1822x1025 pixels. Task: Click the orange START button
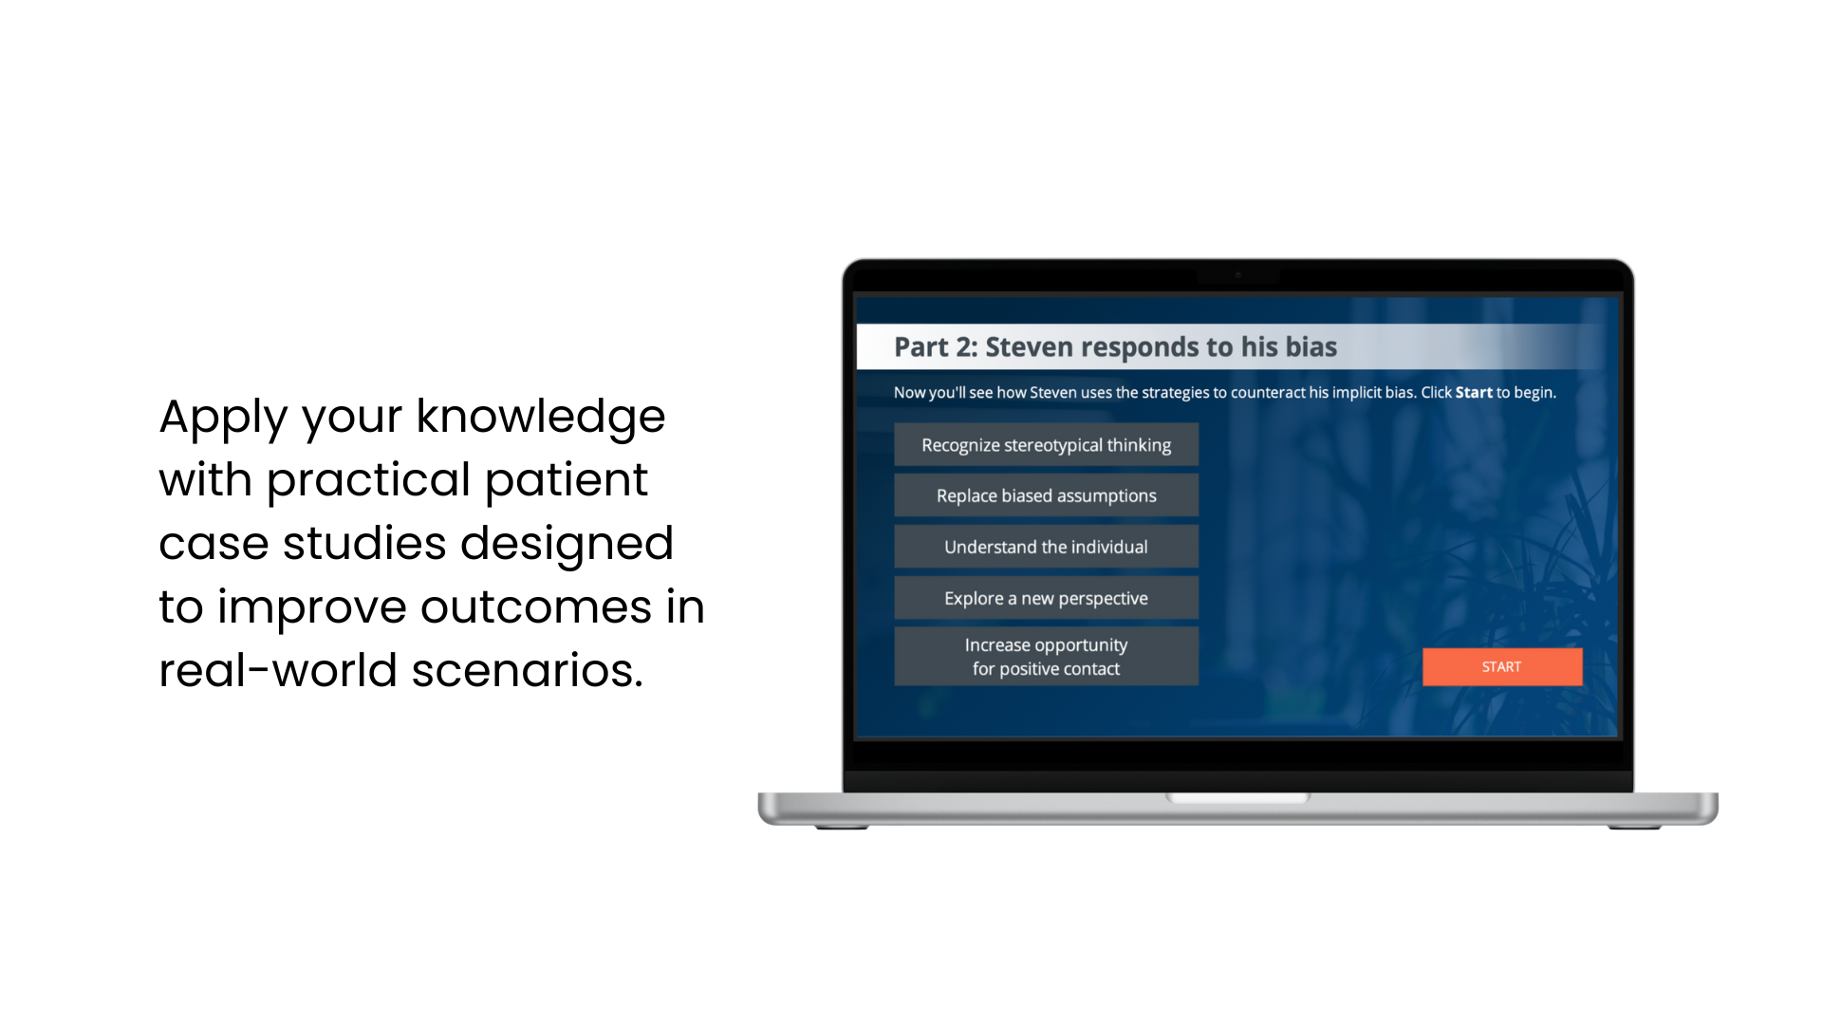1502,667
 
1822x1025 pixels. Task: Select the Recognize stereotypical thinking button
1046,445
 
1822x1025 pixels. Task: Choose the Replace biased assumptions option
1046,495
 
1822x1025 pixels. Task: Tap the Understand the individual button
1046,547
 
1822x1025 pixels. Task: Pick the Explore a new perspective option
1046,598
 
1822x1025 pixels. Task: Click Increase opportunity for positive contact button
1046,656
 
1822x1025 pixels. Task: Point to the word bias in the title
1311,347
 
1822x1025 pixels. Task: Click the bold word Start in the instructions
1474,393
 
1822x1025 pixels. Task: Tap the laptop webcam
1238,275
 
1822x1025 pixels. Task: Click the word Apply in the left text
223,419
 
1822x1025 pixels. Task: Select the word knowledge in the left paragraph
541,418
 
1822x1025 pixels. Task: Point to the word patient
567,481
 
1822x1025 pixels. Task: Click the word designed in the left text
567,545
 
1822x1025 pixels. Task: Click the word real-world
278,670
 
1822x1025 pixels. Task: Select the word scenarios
528,671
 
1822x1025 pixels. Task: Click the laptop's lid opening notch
1238,798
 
